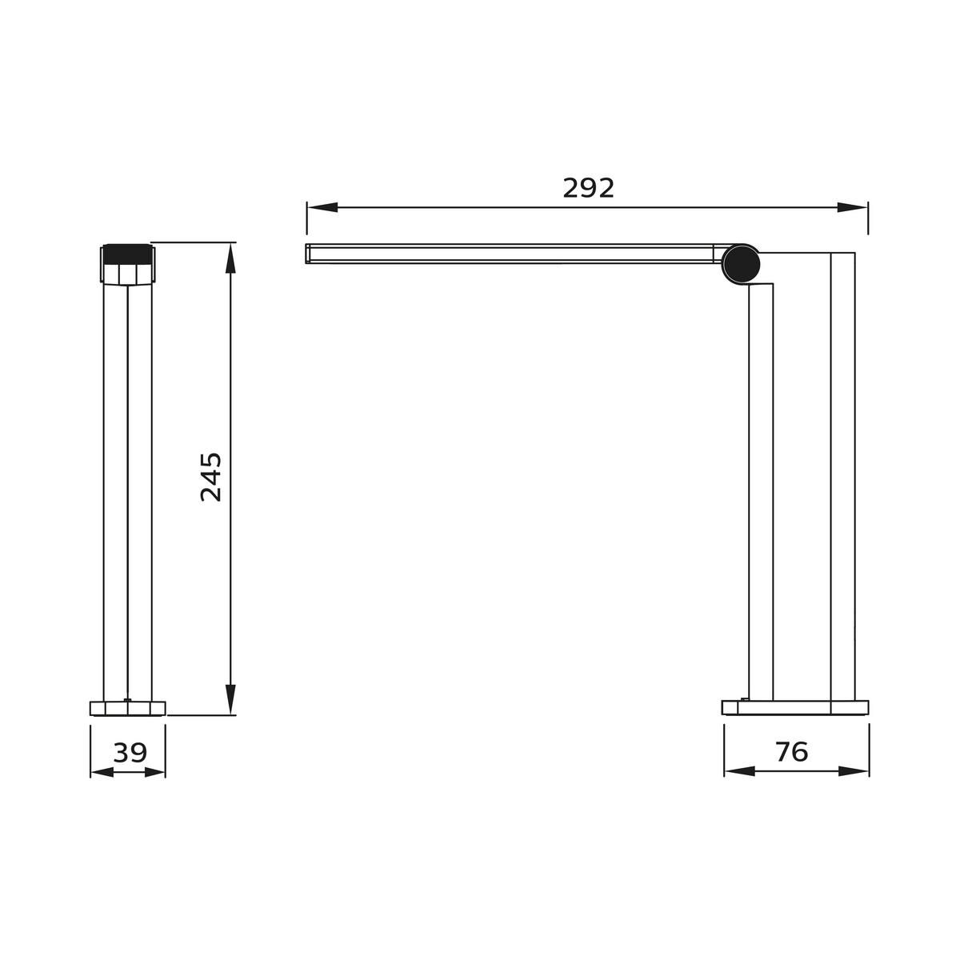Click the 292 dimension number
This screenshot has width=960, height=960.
click(588, 188)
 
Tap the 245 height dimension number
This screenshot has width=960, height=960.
click(211, 477)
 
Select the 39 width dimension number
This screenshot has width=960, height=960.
click(130, 753)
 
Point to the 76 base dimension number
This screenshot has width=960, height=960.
click(791, 752)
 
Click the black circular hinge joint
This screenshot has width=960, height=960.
click(740, 264)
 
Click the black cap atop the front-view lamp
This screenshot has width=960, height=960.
click(127, 252)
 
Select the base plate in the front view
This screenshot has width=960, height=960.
click(128, 708)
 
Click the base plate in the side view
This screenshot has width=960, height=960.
click(794, 708)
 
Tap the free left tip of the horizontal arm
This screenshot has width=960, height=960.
click(310, 254)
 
